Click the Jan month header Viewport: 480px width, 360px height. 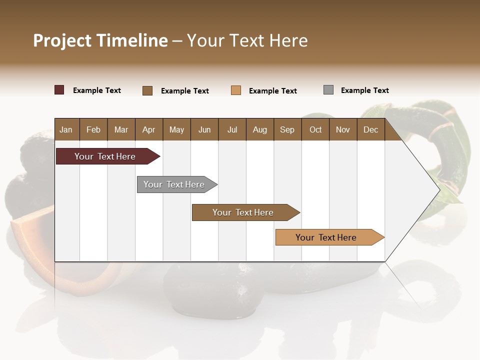tap(66, 129)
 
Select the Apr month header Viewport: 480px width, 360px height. tap(149, 129)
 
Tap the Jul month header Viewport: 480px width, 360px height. tap(232, 129)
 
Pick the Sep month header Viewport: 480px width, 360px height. tap(287, 129)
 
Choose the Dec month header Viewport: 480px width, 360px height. tap(370, 129)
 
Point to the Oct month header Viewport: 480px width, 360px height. tap(315, 129)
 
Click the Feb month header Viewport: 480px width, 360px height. tap(93, 129)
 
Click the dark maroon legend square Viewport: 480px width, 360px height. tap(59, 90)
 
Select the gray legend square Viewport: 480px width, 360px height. tap(328, 90)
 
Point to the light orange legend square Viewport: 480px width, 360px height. tap(236, 90)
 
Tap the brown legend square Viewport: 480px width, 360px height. tap(147, 90)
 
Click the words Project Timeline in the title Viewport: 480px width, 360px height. tap(100, 40)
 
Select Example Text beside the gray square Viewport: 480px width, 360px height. tap(364, 90)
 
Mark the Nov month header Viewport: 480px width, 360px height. tap(343, 129)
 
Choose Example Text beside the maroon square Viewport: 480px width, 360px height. tap(96, 90)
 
